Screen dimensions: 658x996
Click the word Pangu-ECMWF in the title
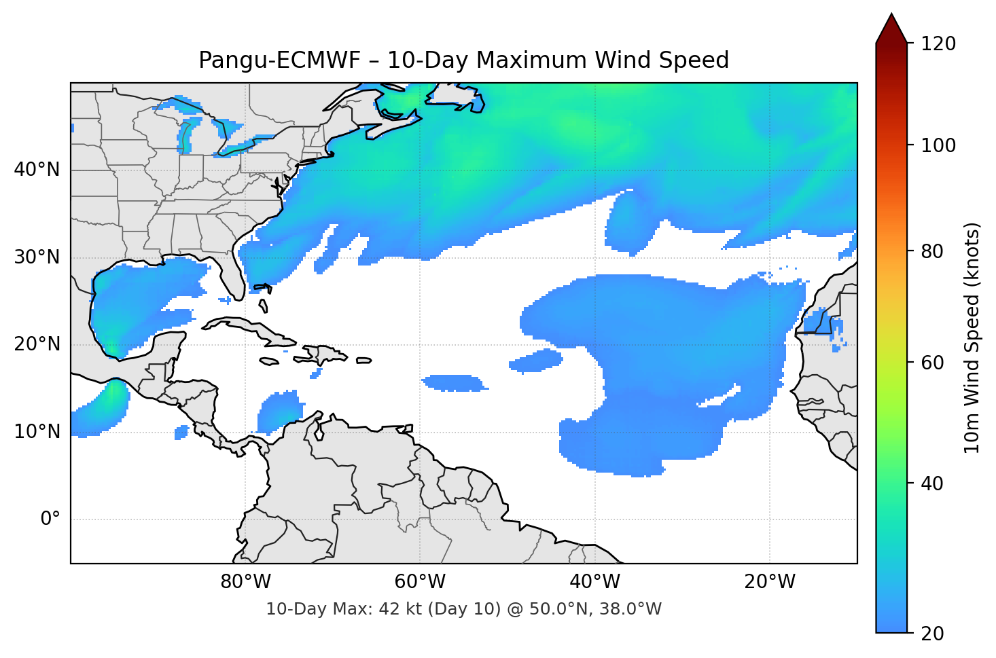pyautogui.click(x=279, y=60)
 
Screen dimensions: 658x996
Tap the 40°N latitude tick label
pyautogui.click(x=37, y=170)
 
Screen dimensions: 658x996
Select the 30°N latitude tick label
pyautogui.click(x=37, y=257)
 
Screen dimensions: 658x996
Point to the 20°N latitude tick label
pyautogui.click(x=37, y=344)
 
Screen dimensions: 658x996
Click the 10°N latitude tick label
pyautogui.click(x=37, y=432)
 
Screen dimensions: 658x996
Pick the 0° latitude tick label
pyautogui.click(x=50, y=519)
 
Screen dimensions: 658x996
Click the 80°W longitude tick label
pyautogui.click(x=245, y=582)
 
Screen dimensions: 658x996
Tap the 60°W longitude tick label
pyautogui.click(x=420, y=582)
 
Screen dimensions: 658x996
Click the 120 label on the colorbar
pyautogui.click(x=938, y=44)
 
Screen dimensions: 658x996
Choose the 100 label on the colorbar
pyautogui.click(x=938, y=145)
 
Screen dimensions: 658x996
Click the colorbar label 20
pyautogui.click(x=932, y=634)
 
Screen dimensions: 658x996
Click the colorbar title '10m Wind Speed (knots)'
pyautogui.click(x=972, y=337)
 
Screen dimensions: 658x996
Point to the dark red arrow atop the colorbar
pyautogui.click(x=891, y=29)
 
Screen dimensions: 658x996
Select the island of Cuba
pyautogui.click(x=251, y=329)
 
